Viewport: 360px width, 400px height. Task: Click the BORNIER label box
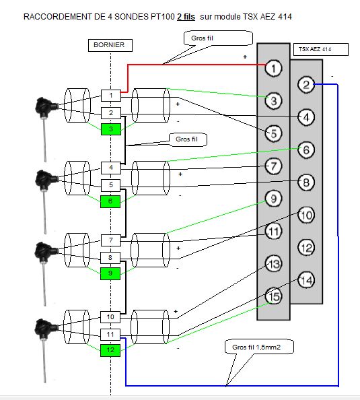coord(110,45)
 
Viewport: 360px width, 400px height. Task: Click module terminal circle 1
coord(274,68)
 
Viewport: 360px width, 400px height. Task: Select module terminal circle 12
coord(306,247)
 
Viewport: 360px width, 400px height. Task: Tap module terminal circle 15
coord(274,296)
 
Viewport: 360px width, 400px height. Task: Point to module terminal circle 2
coord(306,84)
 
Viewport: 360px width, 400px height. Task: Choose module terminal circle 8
coord(306,182)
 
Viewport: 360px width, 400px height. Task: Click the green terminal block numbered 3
coord(111,129)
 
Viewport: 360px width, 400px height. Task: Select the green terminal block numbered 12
coord(110,350)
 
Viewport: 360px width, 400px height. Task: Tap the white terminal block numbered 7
coord(110,240)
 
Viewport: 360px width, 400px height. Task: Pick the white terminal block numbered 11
coord(110,335)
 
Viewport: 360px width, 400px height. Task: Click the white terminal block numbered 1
coord(111,96)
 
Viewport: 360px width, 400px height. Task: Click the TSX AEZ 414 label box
coord(321,49)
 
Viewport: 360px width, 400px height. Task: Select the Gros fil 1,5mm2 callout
coord(259,347)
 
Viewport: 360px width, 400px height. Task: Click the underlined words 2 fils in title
coord(186,17)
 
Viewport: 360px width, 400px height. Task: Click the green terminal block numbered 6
coord(110,201)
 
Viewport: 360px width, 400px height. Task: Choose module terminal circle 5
coord(274,133)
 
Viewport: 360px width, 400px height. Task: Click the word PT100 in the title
coord(163,17)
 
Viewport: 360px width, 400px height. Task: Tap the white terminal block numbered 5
coord(110,185)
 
